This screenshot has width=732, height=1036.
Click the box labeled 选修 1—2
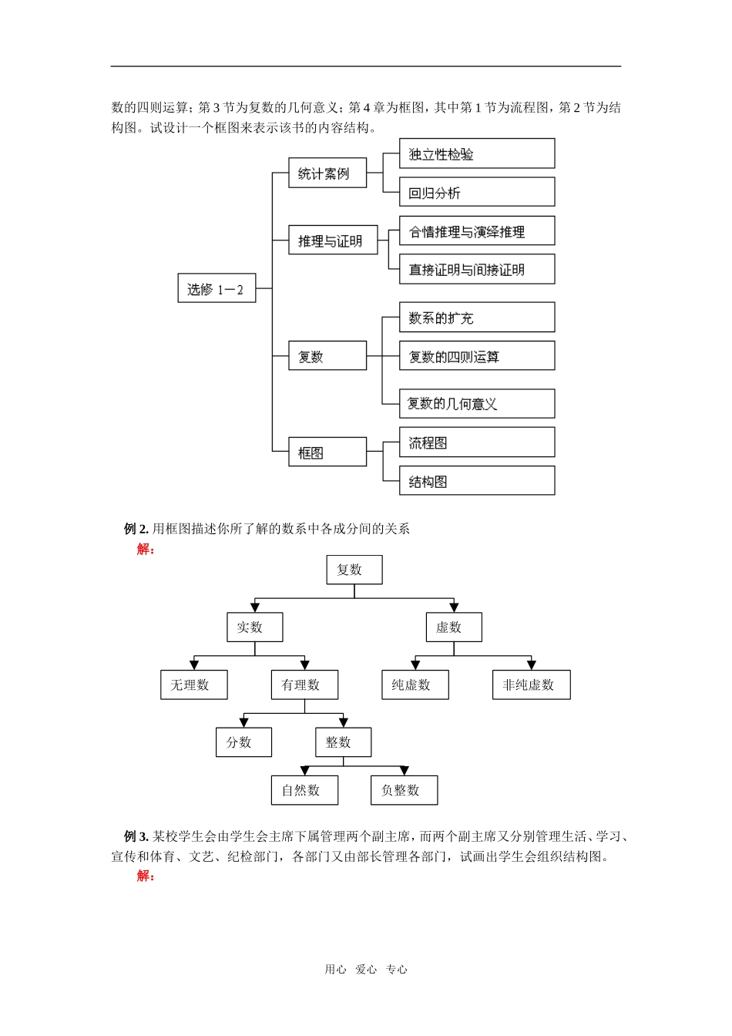point(217,288)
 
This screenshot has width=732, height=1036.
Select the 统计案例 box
point(327,173)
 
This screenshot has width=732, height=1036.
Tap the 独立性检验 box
point(476,153)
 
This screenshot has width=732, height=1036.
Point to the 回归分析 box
point(476,192)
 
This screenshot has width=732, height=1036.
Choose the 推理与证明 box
point(333,240)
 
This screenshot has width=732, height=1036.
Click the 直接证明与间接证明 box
point(476,269)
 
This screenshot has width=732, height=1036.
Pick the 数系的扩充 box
point(476,317)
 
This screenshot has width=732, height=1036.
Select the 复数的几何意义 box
point(476,403)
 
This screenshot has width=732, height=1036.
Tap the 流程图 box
point(476,442)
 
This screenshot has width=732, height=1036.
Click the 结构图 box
point(476,481)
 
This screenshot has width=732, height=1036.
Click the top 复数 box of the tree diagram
point(354,570)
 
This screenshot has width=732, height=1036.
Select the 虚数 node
point(454,627)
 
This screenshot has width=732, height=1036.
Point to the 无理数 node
point(193,684)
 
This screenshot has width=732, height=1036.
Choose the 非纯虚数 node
point(531,684)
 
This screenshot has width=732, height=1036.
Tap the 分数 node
point(243,742)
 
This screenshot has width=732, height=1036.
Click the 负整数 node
point(404,790)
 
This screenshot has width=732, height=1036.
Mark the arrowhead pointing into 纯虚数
point(416,664)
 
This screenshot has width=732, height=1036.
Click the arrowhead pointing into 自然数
point(305,771)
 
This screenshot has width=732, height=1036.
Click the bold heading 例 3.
point(136,836)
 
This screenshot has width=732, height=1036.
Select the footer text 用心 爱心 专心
point(366,970)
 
